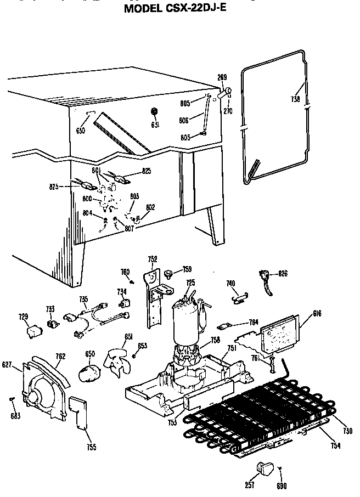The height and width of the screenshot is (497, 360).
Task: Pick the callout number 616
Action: (x=317, y=313)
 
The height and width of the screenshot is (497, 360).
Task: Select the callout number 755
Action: (x=91, y=447)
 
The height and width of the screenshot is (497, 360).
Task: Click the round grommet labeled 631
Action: (x=154, y=112)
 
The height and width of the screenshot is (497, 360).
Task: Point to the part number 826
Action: (x=283, y=273)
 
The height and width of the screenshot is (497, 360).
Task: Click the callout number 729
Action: (x=23, y=317)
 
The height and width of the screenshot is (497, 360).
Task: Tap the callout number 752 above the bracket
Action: (x=153, y=259)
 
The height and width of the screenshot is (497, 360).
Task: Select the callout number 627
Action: (x=7, y=364)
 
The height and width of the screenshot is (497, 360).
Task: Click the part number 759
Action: (x=187, y=269)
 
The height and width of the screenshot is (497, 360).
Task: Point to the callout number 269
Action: (x=222, y=77)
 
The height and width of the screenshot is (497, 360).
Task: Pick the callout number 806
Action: (x=184, y=120)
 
